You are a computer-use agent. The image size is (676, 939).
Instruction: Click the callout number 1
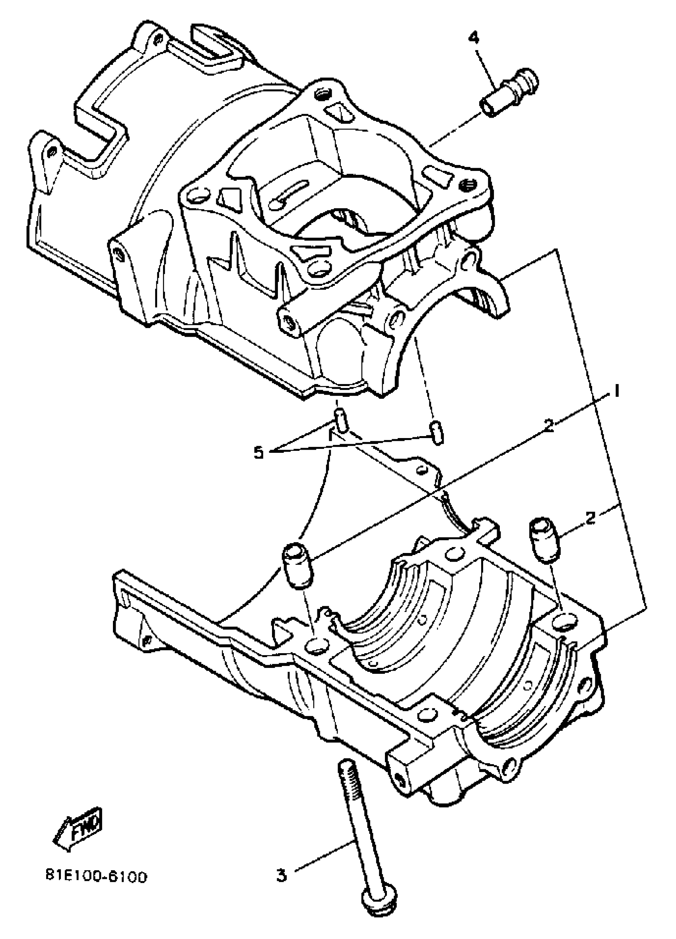[616, 391]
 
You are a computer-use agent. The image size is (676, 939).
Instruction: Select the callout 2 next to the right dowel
[590, 517]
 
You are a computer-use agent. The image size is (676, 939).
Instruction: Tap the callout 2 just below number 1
[549, 426]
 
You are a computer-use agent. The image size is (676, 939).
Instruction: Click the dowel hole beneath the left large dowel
[317, 645]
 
